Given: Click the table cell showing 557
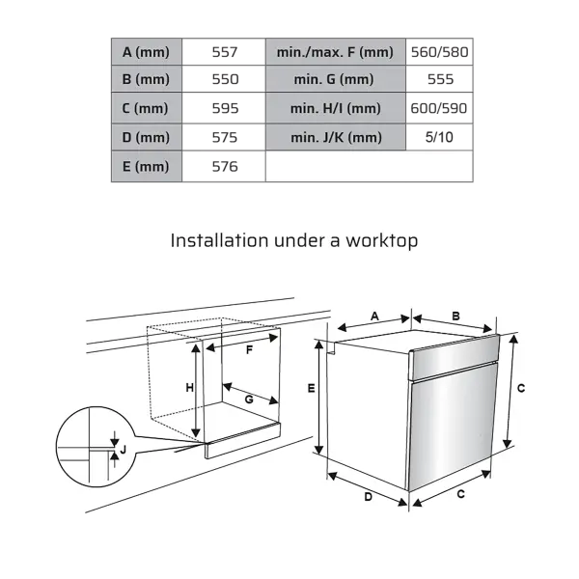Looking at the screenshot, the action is click(225, 52).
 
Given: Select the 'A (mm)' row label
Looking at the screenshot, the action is click(147, 52).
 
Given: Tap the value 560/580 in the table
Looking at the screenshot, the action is click(439, 52).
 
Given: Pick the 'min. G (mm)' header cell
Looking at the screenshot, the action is click(335, 79).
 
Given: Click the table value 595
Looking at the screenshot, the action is click(225, 108).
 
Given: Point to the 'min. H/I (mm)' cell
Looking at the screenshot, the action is click(335, 108).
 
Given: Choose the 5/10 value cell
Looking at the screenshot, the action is click(439, 137).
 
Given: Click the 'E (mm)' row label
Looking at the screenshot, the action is click(147, 167).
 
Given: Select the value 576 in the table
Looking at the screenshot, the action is click(225, 167).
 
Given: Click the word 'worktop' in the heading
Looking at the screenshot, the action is click(381, 240).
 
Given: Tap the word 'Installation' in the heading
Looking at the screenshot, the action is click(219, 240).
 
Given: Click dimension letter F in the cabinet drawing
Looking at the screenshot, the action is click(250, 350).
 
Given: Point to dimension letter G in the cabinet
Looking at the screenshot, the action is click(249, 400).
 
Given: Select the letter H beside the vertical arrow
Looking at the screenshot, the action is click(189, 388).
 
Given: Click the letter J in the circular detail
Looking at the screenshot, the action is click(124, 450).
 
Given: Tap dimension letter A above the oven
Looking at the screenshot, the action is click(374, 317).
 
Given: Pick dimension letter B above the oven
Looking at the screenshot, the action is click(456, 317).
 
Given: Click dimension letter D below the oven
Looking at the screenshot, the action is click(369, 497).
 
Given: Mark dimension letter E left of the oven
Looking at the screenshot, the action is click(312, 388).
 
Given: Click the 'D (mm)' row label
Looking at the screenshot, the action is click(147, 137).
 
